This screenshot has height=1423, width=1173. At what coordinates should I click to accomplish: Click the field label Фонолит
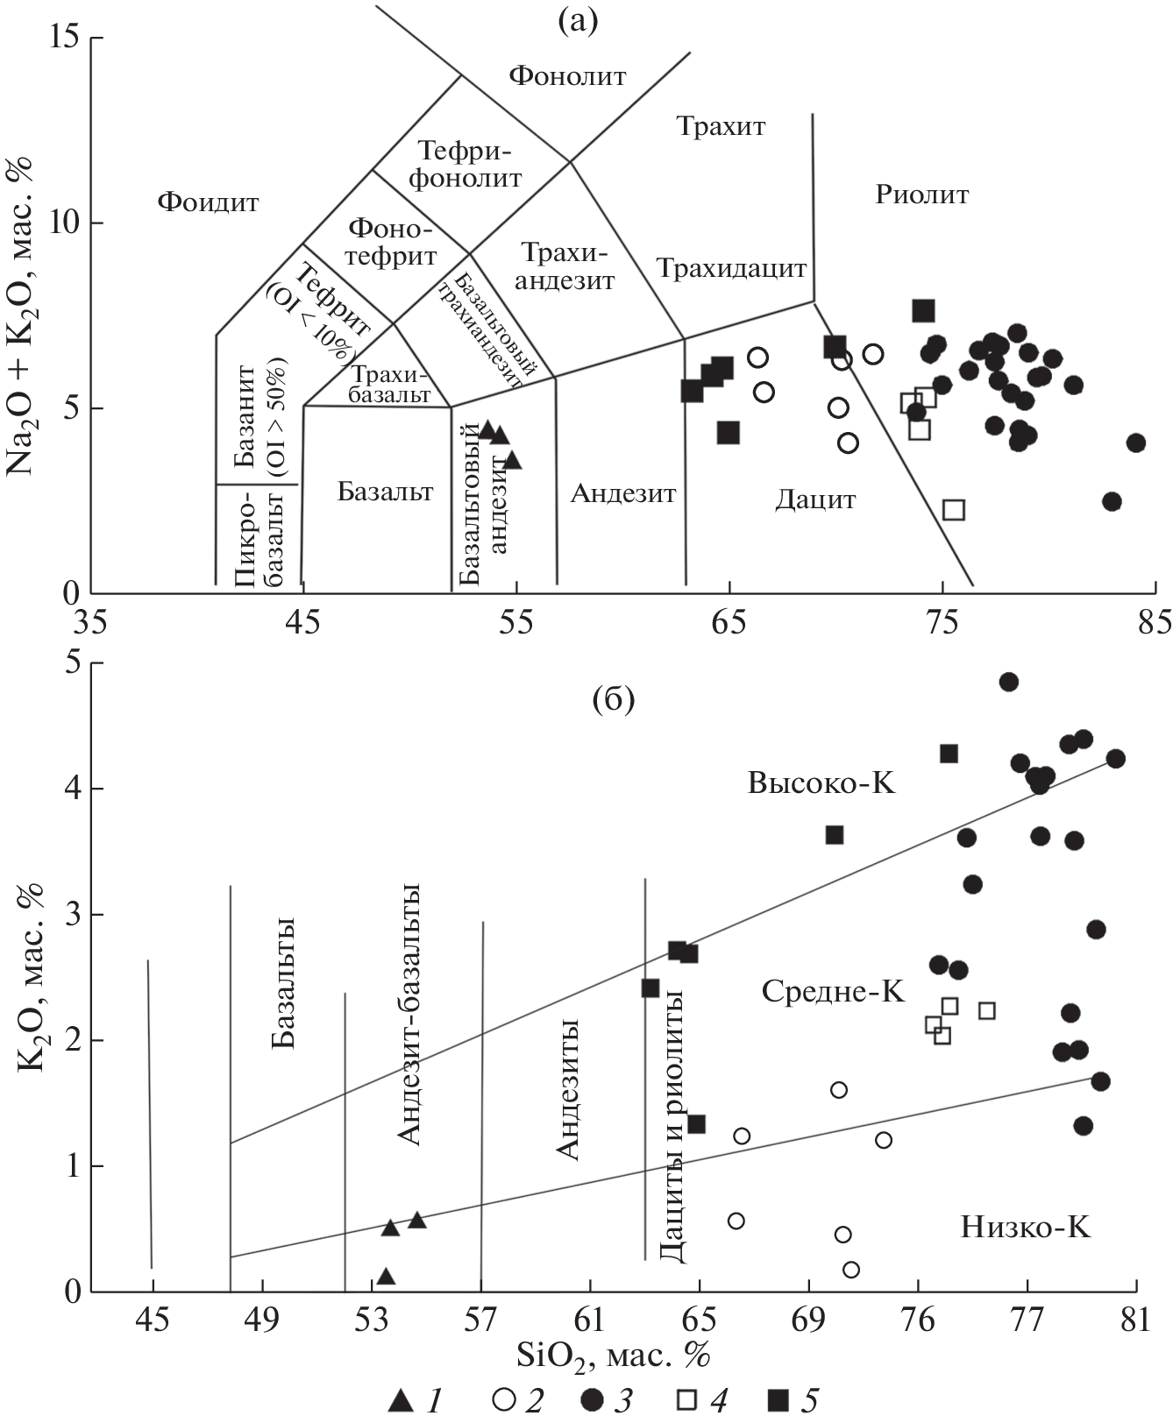[x=567, y=76]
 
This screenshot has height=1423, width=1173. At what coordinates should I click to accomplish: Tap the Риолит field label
[x=921, y=195]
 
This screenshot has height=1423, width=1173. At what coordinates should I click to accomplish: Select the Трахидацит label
[x=731, y=268]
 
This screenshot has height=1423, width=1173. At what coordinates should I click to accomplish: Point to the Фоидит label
[x=209, y=203]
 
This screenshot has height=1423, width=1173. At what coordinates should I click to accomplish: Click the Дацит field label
[x=815, y=500]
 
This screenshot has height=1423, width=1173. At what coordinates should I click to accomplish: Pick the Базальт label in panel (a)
[x=385, y=492]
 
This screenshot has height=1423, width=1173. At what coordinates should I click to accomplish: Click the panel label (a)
[x=577, y=20]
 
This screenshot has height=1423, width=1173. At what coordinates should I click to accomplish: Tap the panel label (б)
[x=614, y=699]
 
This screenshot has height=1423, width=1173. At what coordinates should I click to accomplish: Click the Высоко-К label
[x=821, y=782]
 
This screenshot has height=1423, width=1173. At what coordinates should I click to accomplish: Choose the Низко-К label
[x=1025, y=1227]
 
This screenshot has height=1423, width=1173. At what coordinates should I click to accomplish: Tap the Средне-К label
[x=833, y=991]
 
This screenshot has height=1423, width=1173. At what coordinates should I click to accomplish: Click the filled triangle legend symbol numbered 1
[x=400, y=1400]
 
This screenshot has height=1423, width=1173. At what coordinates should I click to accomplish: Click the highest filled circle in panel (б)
[x=1008, y=682]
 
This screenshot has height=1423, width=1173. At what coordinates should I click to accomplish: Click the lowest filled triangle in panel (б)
[x=386, y=1277]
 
